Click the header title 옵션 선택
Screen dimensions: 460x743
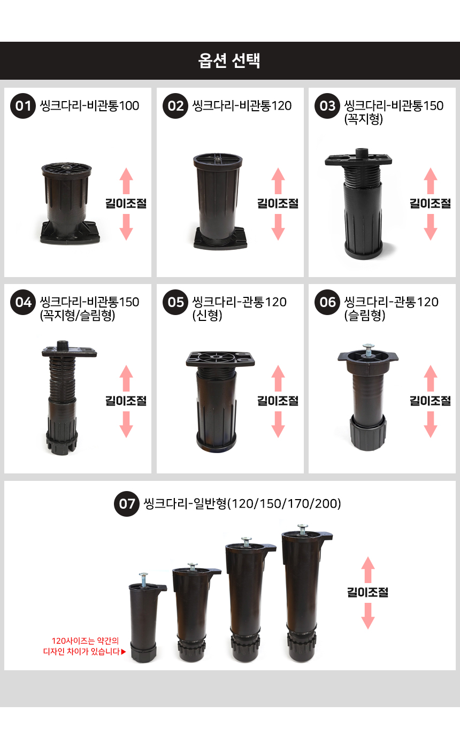tap(229, 60)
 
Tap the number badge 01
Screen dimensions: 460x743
tap(23, 106)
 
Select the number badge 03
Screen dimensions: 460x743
tap(327, 106)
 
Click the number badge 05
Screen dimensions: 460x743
tap(175, 302)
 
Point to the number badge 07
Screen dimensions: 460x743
tap(127, 503)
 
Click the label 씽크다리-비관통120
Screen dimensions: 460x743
tap(242, 106)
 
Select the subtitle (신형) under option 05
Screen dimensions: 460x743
tap(208, 315)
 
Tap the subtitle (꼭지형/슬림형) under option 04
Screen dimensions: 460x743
tap(77, 315)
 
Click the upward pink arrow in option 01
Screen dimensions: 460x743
tap(126, 181)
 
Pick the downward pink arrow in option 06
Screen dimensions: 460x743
tap(431, 425)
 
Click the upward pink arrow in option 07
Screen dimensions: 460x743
tap(368, 570)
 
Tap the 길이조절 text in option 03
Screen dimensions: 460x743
tap(430, 203)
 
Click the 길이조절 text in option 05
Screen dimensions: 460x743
tap(278, 401)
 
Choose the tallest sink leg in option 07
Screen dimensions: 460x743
tap(304, 593)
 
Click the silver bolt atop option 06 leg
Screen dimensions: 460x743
tap(368, 350)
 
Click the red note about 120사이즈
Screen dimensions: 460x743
tap(84, 646)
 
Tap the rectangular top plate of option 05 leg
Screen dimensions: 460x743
tap(220, 359)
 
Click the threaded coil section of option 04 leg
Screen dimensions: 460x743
tap(62, 378)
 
